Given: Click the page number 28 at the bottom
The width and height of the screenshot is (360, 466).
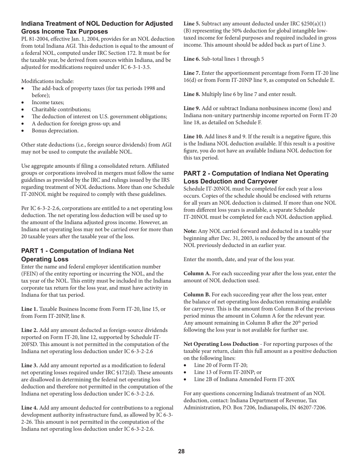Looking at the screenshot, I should click(181, 451).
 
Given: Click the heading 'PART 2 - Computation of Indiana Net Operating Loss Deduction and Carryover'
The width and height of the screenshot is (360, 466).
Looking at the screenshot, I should click(256, 177).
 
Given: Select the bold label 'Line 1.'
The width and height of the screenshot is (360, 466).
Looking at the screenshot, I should click(30, 309).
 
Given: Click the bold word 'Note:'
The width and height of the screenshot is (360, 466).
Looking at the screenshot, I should click(190, 231).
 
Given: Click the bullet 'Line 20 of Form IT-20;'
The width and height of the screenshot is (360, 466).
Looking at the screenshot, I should click(221, 365).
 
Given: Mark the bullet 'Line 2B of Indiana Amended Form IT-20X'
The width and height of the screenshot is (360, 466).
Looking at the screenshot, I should click(244, 379).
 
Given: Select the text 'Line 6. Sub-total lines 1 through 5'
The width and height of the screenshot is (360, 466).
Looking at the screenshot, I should click(224, 59).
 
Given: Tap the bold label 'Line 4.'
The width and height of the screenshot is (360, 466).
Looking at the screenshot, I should click(30, 408).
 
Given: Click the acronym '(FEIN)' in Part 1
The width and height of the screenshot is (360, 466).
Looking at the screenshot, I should click(30, 274).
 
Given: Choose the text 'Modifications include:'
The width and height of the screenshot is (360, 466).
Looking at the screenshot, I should click(47, 81).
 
